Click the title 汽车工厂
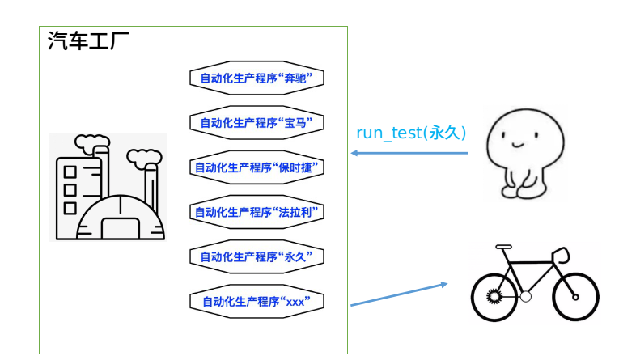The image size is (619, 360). click(x=88, y=40)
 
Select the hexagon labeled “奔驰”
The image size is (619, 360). click(x=257, y=78)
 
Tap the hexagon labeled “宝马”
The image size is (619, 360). click(x=257, y=122)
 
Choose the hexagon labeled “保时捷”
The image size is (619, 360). click(x=257, y=167)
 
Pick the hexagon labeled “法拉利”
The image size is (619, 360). click(x=257, y=212)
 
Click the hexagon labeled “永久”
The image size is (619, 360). click(x=257, y=256)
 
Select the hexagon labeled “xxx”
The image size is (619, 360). click(x=257, y=302)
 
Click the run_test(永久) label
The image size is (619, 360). click(x=411, y=133)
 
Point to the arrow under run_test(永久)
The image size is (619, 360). click(x=409, y=153)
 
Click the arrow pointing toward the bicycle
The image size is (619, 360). click(x=399, y=294)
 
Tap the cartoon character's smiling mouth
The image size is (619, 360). click(x=518, y=144)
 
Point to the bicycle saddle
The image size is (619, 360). click(x=503, y=247)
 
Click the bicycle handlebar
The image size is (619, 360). click(x=561, y=255)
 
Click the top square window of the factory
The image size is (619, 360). click(x=70, y=172)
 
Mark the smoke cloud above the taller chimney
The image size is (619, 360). click(x=92, y=143)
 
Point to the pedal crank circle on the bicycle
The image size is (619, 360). click(x=525, y=296)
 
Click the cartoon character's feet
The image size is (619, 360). click(x=524, y=192)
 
